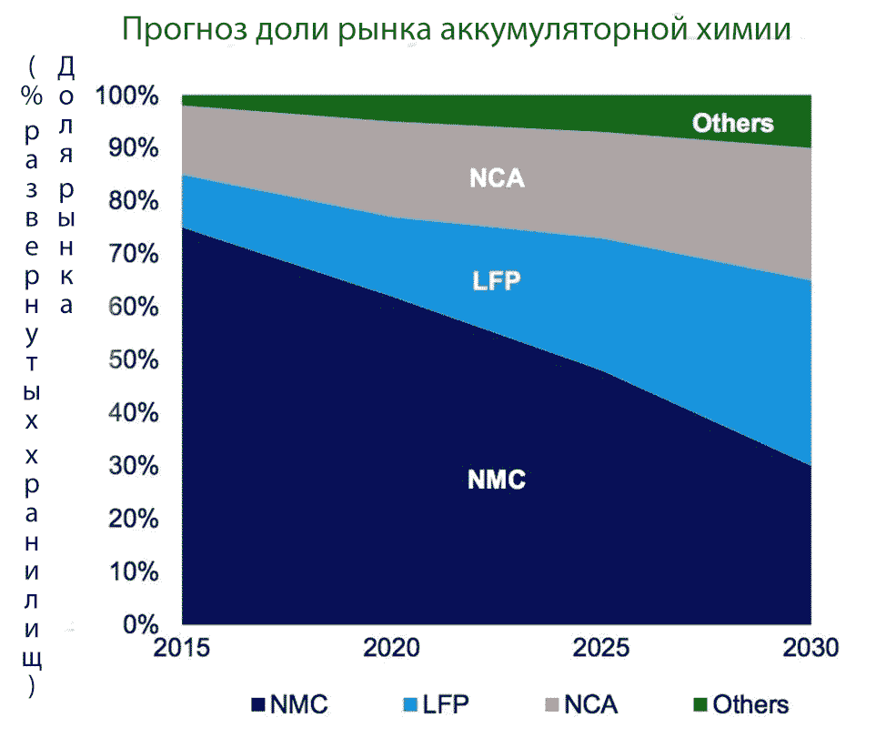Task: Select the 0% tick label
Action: (x=141, y=623)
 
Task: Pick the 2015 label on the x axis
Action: (x=182, y=649)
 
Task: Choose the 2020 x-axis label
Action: (x=392, y=649)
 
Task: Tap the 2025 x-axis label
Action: (x=602, y=649)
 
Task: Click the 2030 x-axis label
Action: (x=810, y=649)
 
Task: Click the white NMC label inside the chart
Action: (x=497, y=479)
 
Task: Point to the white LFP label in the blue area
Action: (x=497, y=280)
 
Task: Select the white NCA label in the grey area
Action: (x=497, y=177)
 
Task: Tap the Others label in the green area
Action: (x=732, y=123)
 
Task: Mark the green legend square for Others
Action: (x=700, y=705)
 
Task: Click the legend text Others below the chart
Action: (x=750, y=705)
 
